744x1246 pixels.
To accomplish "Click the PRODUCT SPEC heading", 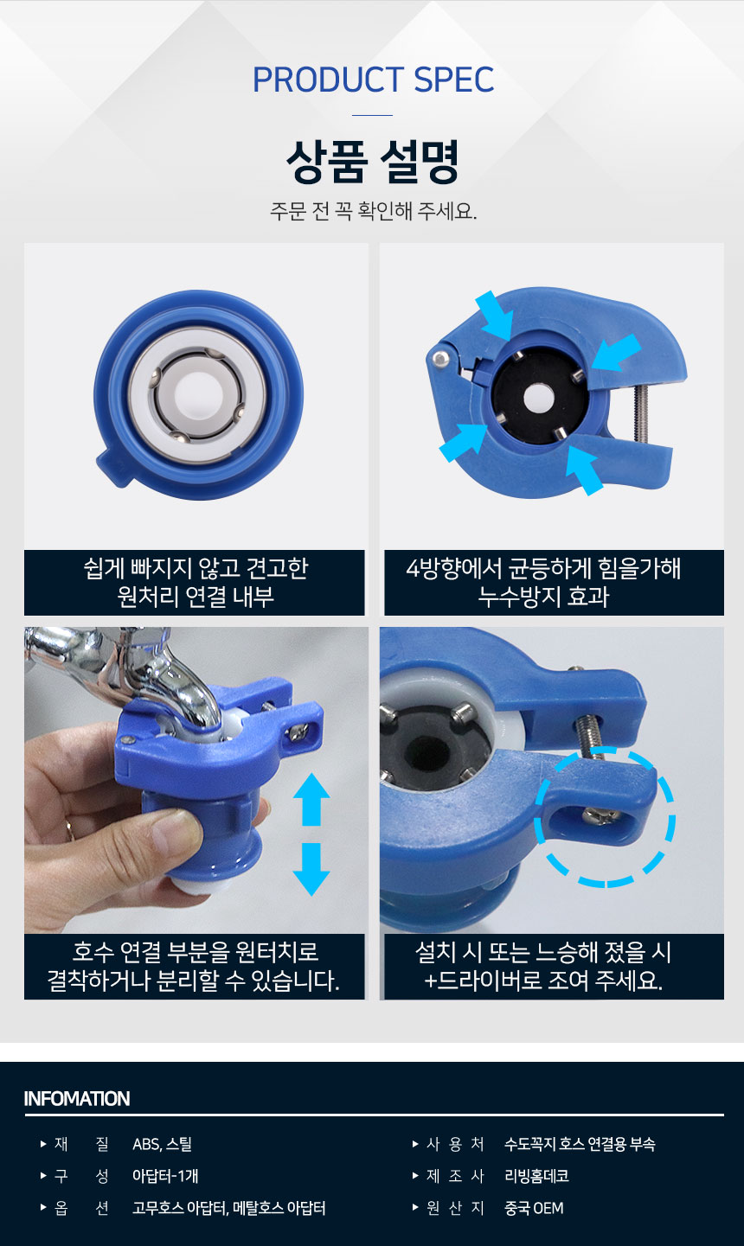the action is [373, 80].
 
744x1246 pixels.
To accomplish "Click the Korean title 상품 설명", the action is [372, 161].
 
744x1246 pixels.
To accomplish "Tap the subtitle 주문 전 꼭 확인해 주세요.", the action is [374, 211].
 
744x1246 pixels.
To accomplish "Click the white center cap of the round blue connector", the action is [198, 393].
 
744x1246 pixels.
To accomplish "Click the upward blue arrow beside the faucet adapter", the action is [311, 799].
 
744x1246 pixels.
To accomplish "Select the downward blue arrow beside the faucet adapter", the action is [311, 869].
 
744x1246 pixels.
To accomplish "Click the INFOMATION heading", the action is [77, 1099].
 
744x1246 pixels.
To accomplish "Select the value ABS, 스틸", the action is [162, 1144].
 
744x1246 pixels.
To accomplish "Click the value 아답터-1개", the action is [165, 1176].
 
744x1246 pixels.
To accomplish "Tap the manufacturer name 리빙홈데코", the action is [536, 1176].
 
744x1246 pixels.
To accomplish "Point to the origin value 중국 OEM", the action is [534, 1208].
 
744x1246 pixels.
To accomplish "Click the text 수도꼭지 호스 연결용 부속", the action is [580, 1144].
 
